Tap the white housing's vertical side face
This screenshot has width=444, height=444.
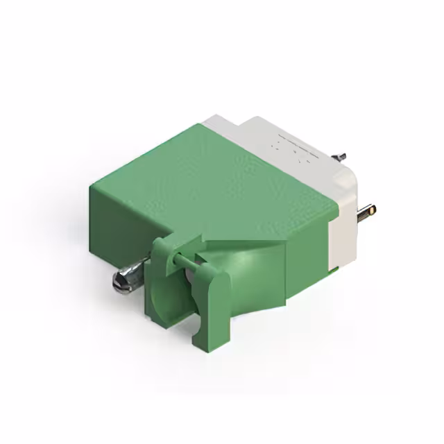(343, 236)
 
